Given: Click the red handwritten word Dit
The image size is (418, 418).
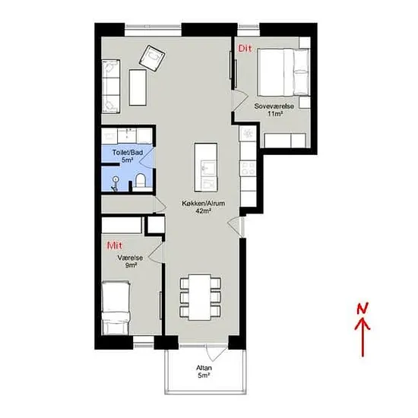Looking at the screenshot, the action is click(x=245, y=49).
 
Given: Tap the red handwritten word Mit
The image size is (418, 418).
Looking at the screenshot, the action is click(x=115, y=245).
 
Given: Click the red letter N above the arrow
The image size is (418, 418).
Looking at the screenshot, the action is click(x=363, y=308).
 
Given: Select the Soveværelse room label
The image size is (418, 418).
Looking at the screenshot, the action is click(x=274, y=106).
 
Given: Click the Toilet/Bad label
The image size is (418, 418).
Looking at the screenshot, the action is click(x=128, y=153).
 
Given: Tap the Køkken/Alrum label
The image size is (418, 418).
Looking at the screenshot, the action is click(x=204, y=204).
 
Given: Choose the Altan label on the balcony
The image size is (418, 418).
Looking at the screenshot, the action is click(x=204, y=368).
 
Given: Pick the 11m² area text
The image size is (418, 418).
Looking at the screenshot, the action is click(x=275, y=114).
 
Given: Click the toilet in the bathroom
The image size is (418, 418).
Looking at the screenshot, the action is click(x=141, y=180).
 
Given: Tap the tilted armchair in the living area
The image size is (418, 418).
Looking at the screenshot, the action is click(x=152, y=58).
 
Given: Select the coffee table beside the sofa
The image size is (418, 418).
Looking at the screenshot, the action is click(x=138, y=87).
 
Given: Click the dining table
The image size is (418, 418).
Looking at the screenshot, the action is click(x=200, y=297).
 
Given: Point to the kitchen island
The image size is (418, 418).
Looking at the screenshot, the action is click(x=205, y=167).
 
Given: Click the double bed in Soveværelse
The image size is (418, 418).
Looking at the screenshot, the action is click(x=283, y=72).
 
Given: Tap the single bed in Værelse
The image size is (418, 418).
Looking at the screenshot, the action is click(x=116, y=307).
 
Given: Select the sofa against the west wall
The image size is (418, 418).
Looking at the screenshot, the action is click(x=111, y=87).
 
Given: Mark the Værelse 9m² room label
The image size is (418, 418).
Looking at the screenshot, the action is click(x=130, y=261).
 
